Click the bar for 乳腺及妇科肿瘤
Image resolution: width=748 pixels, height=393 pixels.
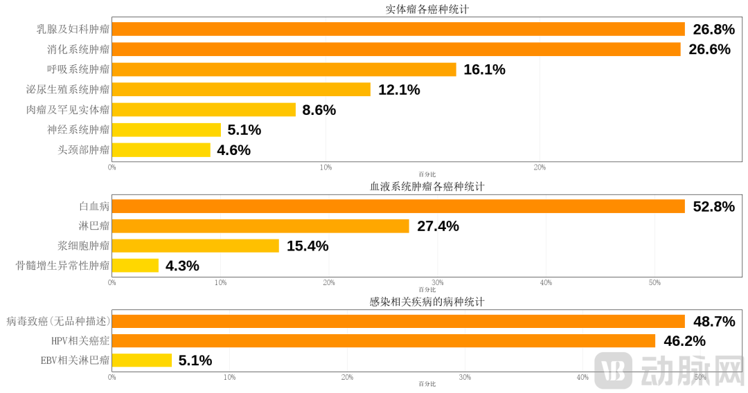coord(398,29)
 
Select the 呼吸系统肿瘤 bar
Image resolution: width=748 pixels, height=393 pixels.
coord(284,69)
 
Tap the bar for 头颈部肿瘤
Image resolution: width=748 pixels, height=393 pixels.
coord(161,149)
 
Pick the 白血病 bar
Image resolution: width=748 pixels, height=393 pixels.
coord(398,206)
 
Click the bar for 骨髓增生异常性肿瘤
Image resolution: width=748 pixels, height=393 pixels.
coord(135,266)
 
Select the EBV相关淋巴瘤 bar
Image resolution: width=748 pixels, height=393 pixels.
coord(142,360)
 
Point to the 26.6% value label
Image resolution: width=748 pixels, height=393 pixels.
coord(709,49)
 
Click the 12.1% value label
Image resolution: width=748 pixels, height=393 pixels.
coord(399,90)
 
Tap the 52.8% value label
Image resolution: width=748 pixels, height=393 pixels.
coord(713,206)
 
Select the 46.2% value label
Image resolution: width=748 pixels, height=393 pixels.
coord(684,340)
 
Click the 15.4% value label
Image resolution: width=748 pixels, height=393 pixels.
coord(308,246)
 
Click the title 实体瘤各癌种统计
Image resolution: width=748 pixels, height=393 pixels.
coord(427,10)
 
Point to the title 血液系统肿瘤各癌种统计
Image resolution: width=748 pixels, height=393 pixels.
coord(427,188)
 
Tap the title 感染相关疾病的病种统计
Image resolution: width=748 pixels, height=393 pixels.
coord(427,302)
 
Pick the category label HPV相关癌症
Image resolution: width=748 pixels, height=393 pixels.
coord(80,340)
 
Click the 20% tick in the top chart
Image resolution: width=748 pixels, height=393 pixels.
coord(540,167)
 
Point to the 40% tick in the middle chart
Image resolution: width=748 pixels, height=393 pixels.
coord(546,282)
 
